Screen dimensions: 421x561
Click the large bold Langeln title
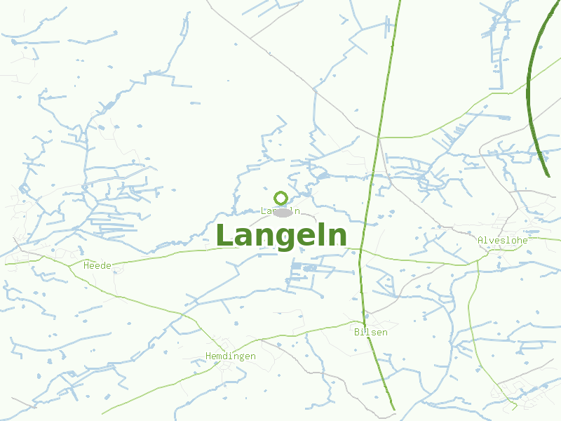[x=281, y=236]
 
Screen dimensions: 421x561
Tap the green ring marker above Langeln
[x=281, y=198]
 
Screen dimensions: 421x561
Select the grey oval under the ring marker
[x=283, y=212]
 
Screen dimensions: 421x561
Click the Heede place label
[x=97, y=265]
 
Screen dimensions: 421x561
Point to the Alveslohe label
[x=502, y=240]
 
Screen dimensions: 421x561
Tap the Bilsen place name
[x=371, y=332]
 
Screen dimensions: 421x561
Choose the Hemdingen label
[x=231, y=356]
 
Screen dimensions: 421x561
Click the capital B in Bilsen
[x=358, y=332]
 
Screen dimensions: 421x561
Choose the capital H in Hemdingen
[x=209, y=356]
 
